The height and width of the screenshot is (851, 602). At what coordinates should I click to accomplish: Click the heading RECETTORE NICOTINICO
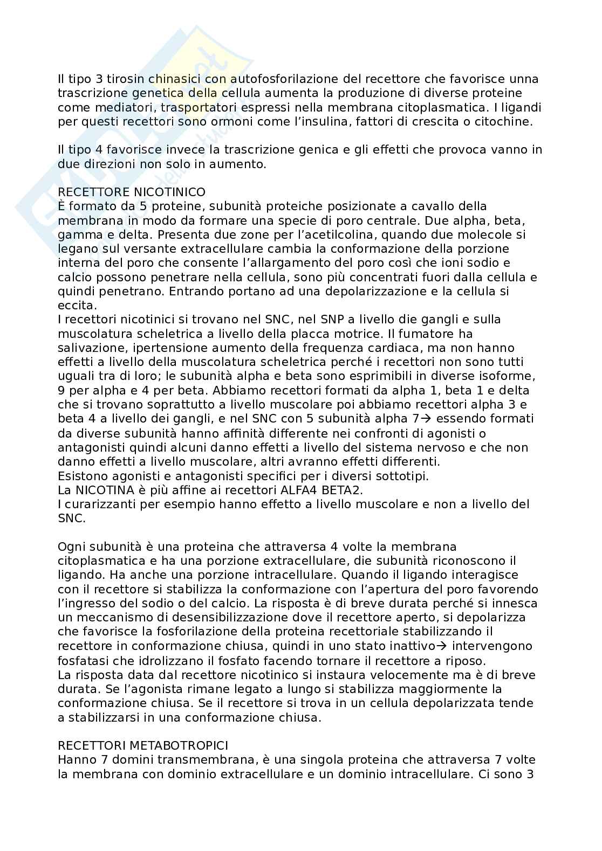(132, 192)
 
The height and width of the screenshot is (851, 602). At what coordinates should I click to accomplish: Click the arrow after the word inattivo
(445, 646)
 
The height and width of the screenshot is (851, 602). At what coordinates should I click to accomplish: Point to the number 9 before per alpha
(61, 390)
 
